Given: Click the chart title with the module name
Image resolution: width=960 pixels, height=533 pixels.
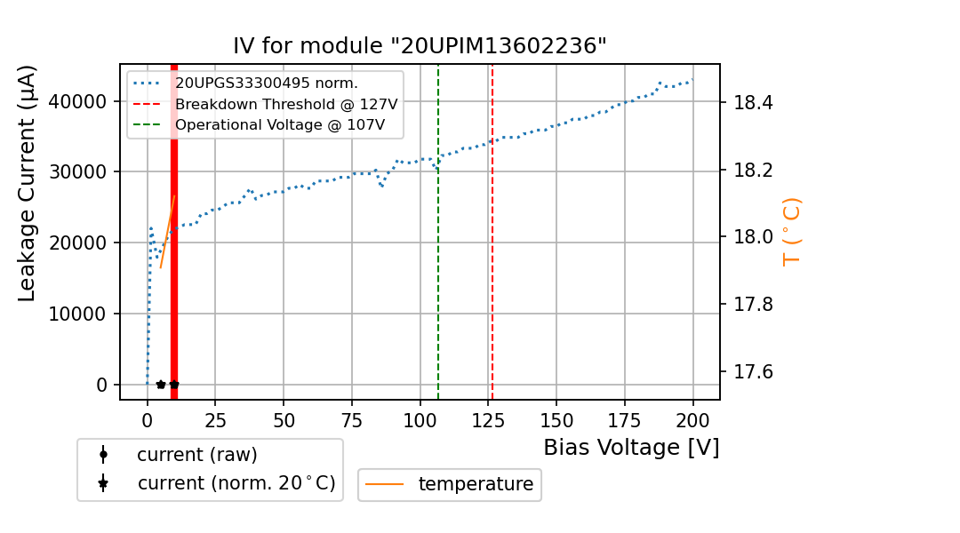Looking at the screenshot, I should [420, 46].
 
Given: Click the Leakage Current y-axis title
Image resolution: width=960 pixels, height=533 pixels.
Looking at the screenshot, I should [28, 184].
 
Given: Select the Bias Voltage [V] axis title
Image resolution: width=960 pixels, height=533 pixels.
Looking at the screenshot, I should [631, 448].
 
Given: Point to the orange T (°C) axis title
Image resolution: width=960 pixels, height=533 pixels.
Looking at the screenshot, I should [791, 231].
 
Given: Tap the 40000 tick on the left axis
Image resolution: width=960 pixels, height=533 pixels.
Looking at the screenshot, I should [82, 101].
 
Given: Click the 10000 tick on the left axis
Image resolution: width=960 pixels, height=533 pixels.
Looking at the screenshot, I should [82, 314].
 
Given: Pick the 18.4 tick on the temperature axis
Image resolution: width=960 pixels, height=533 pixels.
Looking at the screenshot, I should [753, 103].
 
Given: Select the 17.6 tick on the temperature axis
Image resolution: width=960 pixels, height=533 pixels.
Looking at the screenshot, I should [753, 371].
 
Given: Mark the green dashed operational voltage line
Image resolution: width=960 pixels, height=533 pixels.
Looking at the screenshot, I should [438, 266].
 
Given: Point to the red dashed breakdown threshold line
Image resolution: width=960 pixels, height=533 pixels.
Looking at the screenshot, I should [492, 266].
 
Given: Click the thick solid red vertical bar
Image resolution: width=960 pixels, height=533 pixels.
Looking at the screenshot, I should [174, 266].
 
